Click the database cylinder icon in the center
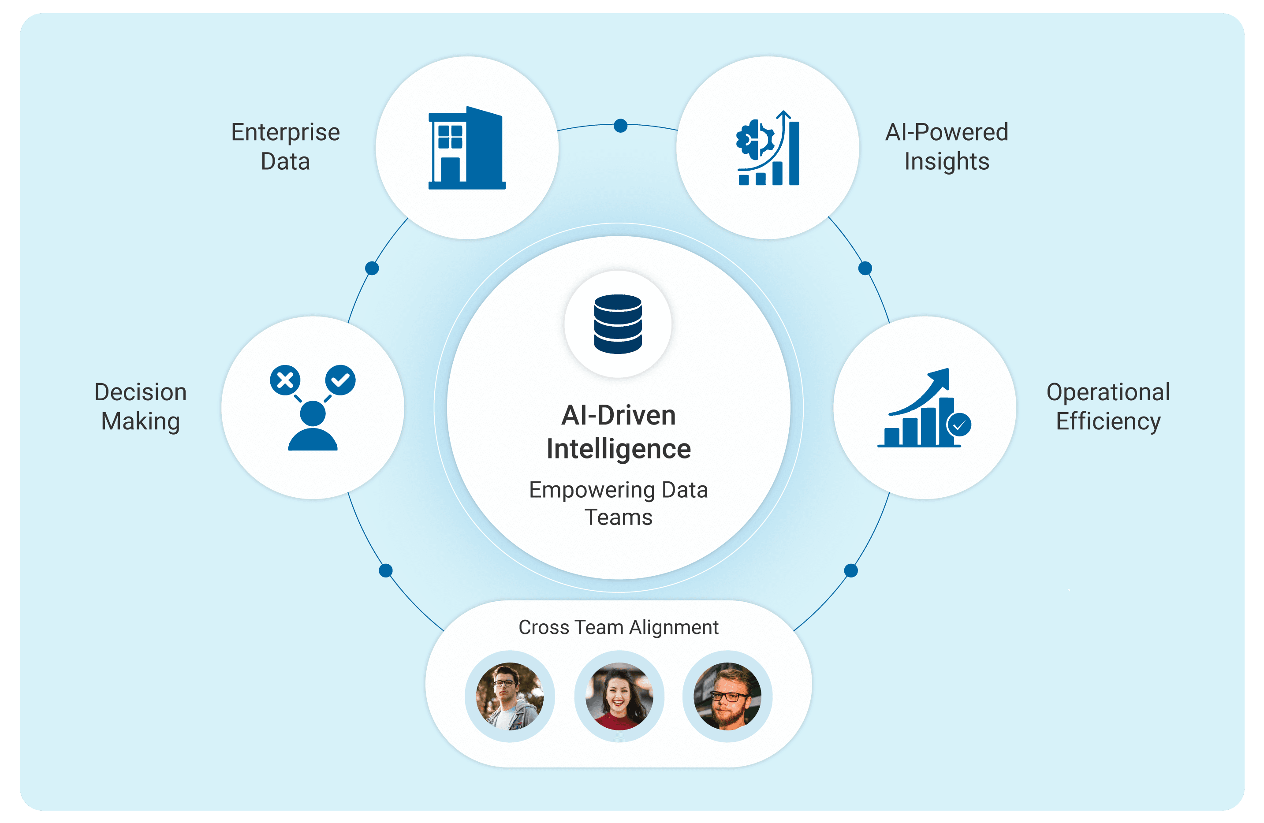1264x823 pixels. click(x=618, y=324)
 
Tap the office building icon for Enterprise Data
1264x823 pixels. click(x=467, y=149)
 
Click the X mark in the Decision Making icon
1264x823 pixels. click(x=285, y=380)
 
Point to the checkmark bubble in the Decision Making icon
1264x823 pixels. click(x=340, y=380)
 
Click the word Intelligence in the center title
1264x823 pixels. click(x=619, y=449)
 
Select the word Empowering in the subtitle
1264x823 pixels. click(x=585, y=490)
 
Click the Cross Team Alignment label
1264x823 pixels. click(x=618, y=627)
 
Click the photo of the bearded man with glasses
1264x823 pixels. click(x=727, y=696)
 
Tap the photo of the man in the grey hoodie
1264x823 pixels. click(x=510, y=696)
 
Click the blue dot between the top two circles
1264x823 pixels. click(x=620, y=126)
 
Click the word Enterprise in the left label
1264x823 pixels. click(x=285, y=133)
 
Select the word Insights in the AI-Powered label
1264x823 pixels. click(x=947, y=161)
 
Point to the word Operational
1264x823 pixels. click(x=1108, y=392)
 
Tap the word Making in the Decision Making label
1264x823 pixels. click(x=140, y=421)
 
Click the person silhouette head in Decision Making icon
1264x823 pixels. click(x=313, y=413)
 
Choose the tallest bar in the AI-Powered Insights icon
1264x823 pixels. click(x=794, y=153)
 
